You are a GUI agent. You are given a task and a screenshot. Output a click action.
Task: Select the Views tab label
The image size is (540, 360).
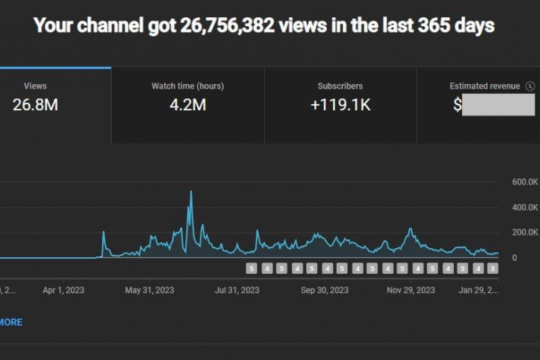[x=35, y=86]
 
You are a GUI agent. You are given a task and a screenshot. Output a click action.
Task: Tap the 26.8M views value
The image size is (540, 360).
[x=35, y=105]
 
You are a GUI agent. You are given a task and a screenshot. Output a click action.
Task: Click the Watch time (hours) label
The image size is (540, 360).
[x=187, y=86]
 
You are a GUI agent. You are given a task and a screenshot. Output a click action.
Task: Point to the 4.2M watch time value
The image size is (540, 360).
[x=187, y=105]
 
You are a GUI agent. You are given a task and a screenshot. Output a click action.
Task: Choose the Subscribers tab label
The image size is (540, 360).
[x=340, y=86]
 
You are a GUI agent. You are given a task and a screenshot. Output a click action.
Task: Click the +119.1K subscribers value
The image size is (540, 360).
[x=340, y=105]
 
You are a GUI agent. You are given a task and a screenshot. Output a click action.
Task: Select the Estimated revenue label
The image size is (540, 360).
[x=484, y=86]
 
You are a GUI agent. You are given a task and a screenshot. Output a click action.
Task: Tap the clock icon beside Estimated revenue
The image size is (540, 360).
[x=530, y=86]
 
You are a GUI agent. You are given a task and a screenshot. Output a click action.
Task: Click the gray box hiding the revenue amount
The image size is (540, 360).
[x=499, y=105]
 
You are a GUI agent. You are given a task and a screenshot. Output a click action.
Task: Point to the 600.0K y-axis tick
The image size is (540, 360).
[x=526, y=182]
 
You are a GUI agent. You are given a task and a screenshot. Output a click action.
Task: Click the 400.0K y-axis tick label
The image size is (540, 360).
[x=526, y=208]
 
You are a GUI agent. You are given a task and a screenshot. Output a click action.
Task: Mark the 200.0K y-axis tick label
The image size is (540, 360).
[x=526, y=232]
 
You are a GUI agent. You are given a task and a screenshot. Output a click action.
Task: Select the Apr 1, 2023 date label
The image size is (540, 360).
[x=64, y=289]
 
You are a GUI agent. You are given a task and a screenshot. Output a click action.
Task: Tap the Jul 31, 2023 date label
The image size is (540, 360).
[x=237, y=289]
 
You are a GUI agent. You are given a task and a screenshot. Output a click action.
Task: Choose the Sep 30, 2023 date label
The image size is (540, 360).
[x=325, y=289]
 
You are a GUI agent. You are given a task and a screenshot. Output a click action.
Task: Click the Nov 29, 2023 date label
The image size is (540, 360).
[x=411, y=289]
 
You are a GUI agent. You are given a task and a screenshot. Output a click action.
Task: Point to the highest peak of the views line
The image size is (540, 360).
[x=190, y=192]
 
